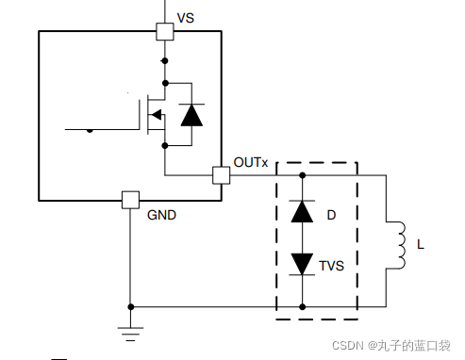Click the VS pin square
tap(165, 31)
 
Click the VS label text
tap(187, 19)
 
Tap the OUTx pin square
tap(222, 175)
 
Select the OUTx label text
tap(251, 163)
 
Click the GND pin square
tap(131, 200)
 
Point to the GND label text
tap(161, 215)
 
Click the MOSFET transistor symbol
tap(154, 115)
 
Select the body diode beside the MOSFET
tap(191, 115)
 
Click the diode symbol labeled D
tap(302, 211)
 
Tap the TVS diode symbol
tap(302, 263)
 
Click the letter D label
tap(331, 216)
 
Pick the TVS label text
tap(331, 266)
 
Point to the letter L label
tap(421, 245)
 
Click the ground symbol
tap(130, 331)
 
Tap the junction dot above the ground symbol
tap(130, 306)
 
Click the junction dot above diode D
tap(302, 175)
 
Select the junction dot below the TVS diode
tap(302, 306)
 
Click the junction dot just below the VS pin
tap(165, 60)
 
